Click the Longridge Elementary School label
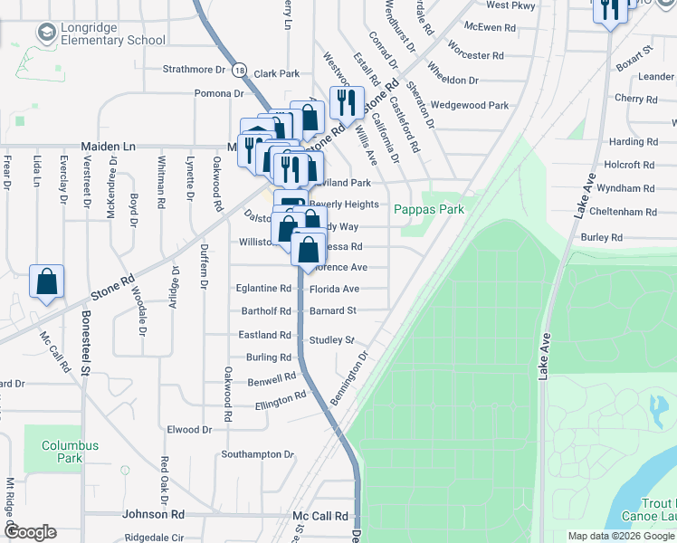point(112,33)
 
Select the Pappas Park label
point(428,208)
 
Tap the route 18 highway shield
point(239,69)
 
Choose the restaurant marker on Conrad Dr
point(346,103)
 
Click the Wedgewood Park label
point(470,105)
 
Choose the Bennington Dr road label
point(352,380)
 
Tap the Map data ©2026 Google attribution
point(621,536)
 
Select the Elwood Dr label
point(189,429)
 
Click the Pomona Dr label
point(220,92)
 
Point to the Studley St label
point(331,340)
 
